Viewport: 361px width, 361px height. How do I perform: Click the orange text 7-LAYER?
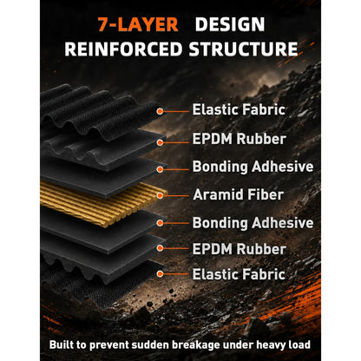[138, 24]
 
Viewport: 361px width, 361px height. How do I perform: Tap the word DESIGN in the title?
[230, 24]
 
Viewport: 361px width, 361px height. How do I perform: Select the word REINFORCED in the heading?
[123, 49]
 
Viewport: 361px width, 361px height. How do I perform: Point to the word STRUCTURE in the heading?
[243, 49]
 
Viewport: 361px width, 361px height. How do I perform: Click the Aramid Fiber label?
[238, 194]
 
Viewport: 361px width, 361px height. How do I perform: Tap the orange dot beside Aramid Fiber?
[160, 196]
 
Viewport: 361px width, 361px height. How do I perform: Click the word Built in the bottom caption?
[60, 345]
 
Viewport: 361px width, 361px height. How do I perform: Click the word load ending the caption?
[299, 345]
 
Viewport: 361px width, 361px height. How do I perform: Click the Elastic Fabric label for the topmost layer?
[239, 109]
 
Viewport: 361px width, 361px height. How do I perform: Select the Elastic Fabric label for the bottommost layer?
[239, 274]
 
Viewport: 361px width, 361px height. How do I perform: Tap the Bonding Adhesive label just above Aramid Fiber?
[253, 167]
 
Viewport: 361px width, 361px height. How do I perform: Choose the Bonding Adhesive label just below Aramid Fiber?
[253, 223]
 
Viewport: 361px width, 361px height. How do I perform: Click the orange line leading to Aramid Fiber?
[176, 196]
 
